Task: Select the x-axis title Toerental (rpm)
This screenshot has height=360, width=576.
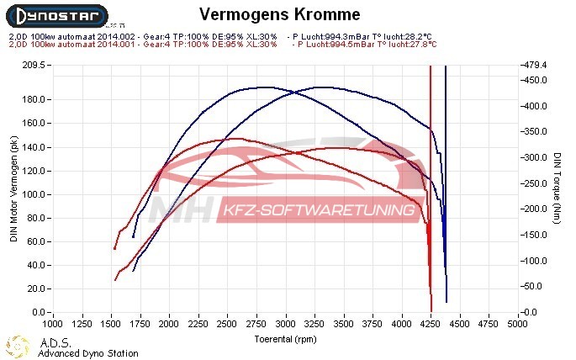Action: (286, 339)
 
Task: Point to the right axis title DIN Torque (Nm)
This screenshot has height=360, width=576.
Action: (557, 188)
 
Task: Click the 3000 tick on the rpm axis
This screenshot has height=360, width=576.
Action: (286, 323)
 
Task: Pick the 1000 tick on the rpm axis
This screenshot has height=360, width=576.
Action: (52, 323)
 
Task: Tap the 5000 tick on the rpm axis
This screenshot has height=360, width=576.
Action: (520, 323)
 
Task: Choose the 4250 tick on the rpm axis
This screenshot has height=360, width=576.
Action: (432, 323)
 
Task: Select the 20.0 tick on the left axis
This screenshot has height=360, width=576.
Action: (37, 289)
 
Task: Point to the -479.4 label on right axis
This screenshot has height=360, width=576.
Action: (535, 65)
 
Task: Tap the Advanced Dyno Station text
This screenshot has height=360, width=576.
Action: (87, 353)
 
